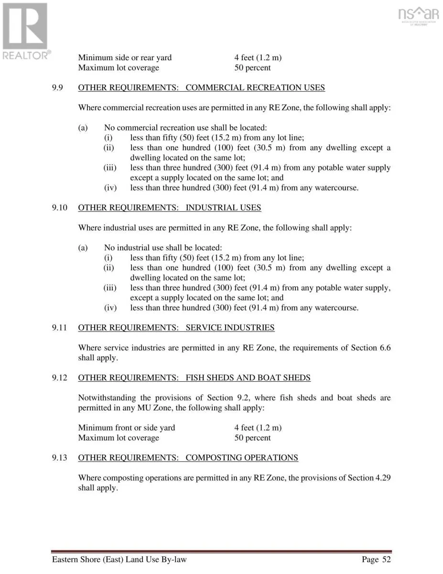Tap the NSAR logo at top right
coord(418,15)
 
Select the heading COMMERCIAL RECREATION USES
coord(255,88)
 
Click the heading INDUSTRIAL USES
coord(223,208)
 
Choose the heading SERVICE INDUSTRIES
coord(230,328)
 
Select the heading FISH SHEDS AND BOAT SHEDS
coord(248,378)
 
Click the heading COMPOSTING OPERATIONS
coord(242,458)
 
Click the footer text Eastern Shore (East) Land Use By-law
coord(119,560)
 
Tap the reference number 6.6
coord(385,348)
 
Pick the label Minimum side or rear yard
coord(125,58)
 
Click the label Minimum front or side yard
coord(127,428)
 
